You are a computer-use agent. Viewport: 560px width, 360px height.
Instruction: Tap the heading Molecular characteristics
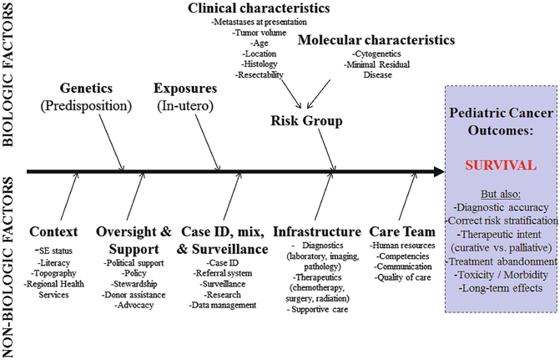tap(376, 39)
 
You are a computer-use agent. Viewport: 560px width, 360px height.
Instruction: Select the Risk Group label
tap(306, 121)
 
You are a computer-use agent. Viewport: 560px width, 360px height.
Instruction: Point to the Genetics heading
tap(93, 88)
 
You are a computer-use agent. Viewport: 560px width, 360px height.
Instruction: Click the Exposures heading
tap(185, 88)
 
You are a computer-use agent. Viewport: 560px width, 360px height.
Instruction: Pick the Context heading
tap(53, 231)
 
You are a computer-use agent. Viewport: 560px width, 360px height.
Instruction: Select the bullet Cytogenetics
tap(376, 54)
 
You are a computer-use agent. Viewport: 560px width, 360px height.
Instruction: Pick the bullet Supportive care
tap(320, 309)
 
